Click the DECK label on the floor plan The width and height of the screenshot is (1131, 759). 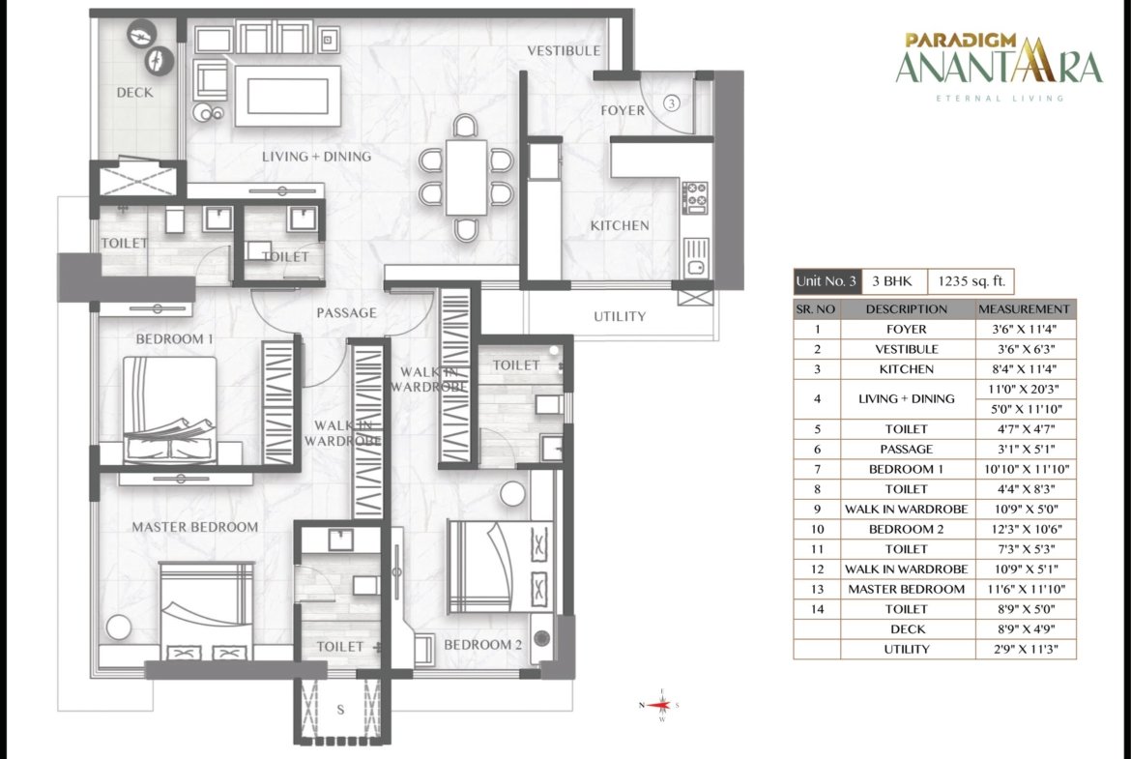pyautogui.click(x=135, y=93)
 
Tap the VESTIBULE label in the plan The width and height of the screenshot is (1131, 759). pyautogui.click(x=564, y=50)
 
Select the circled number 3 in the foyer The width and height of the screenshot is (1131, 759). pyautogui.click(x=671, y=103)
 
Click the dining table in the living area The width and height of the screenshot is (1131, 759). pyautogui.click(x=466, y=178)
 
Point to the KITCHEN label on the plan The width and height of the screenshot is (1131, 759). pyautogui.click(x=620, y=226)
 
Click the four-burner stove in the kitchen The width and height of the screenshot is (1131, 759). pyautogui.click(x=695, y=197)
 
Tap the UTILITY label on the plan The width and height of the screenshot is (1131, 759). pyautogui.click(x=620, y=316)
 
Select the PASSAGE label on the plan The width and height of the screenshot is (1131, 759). pyautogui.click(x=346, y=312)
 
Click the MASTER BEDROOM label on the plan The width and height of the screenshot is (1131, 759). pyautogui.click(x=194, y=527)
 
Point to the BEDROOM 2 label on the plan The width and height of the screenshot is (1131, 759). pyautogui.click(x=482, y=644)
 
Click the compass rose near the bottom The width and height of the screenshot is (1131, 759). pyautogui.click(x=659, y=705)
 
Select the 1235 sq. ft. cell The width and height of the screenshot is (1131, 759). pyautogui.click(x=971, y=281)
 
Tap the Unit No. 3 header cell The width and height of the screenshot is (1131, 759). pyautogui.click(x=826, y=281)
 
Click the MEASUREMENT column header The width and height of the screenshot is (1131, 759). pyautogui.click(x=1025, y=308)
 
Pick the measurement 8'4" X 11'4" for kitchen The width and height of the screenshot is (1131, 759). pyautogui.click(x=1025, y=368)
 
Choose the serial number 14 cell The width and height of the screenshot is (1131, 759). pyautogui.click(x=817, y=609)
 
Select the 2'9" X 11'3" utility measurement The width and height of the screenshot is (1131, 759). pyautogui.click(x=1025, y=649)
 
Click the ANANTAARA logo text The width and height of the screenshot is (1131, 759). pyautogui.click(x=999, y=67)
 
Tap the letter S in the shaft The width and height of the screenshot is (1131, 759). pyautogui.click(x=340, y=710)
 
